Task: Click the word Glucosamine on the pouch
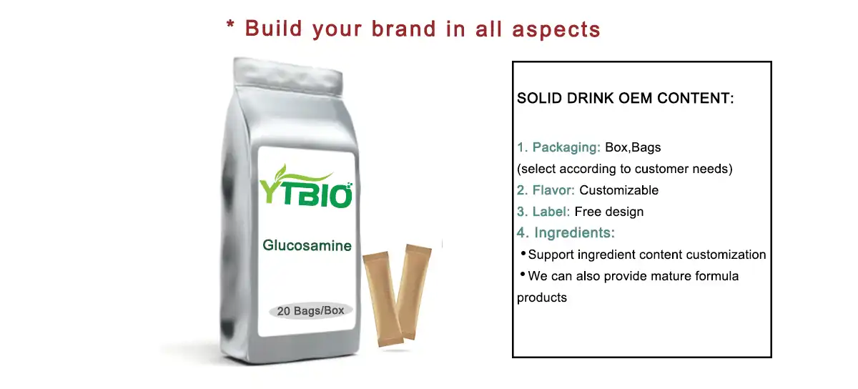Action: click(x=307, y=246)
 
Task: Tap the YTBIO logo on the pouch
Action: click(x=306, y=187)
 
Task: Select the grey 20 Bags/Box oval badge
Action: click(x=311, y=312)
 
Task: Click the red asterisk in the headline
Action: click(x=230, y=27)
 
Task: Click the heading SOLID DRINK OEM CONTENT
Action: click(x=626, y=99)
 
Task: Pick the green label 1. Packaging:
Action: click(x=558, y=148)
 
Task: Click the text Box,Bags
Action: click(x=633, y=148)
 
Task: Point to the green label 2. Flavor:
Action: click(x=546, y=190)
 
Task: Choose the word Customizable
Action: click(x=619, y=190)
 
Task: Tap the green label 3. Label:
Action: click(x=543, y=212)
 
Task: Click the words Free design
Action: click(x=609, y=212)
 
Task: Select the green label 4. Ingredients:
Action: click(x=566, y=233)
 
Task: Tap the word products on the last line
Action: click(x=542, y=297)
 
